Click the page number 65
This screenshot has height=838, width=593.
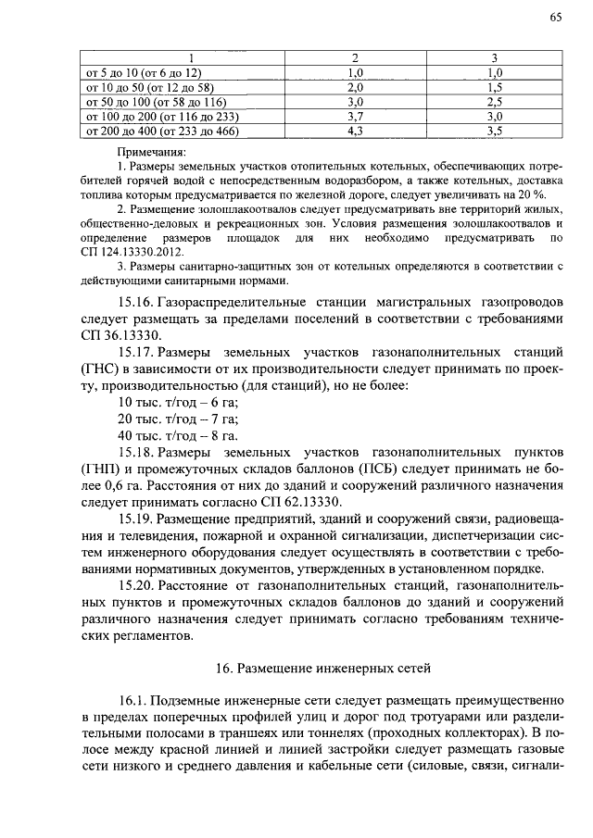click(555, 17)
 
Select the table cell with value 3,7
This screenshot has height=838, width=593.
click(354, 117)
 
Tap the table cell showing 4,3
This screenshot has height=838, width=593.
click(354, 131)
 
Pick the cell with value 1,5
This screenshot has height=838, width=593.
click(494, 86)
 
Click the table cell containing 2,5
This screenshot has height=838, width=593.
click(494, 102)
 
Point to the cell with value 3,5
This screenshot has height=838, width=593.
click(494, 131)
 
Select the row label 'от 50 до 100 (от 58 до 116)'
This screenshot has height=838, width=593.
click(155, 102)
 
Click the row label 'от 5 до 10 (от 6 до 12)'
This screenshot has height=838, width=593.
click(143, 71)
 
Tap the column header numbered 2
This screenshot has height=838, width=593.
click(354, 57)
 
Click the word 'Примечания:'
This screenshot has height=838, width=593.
click(152, 151)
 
